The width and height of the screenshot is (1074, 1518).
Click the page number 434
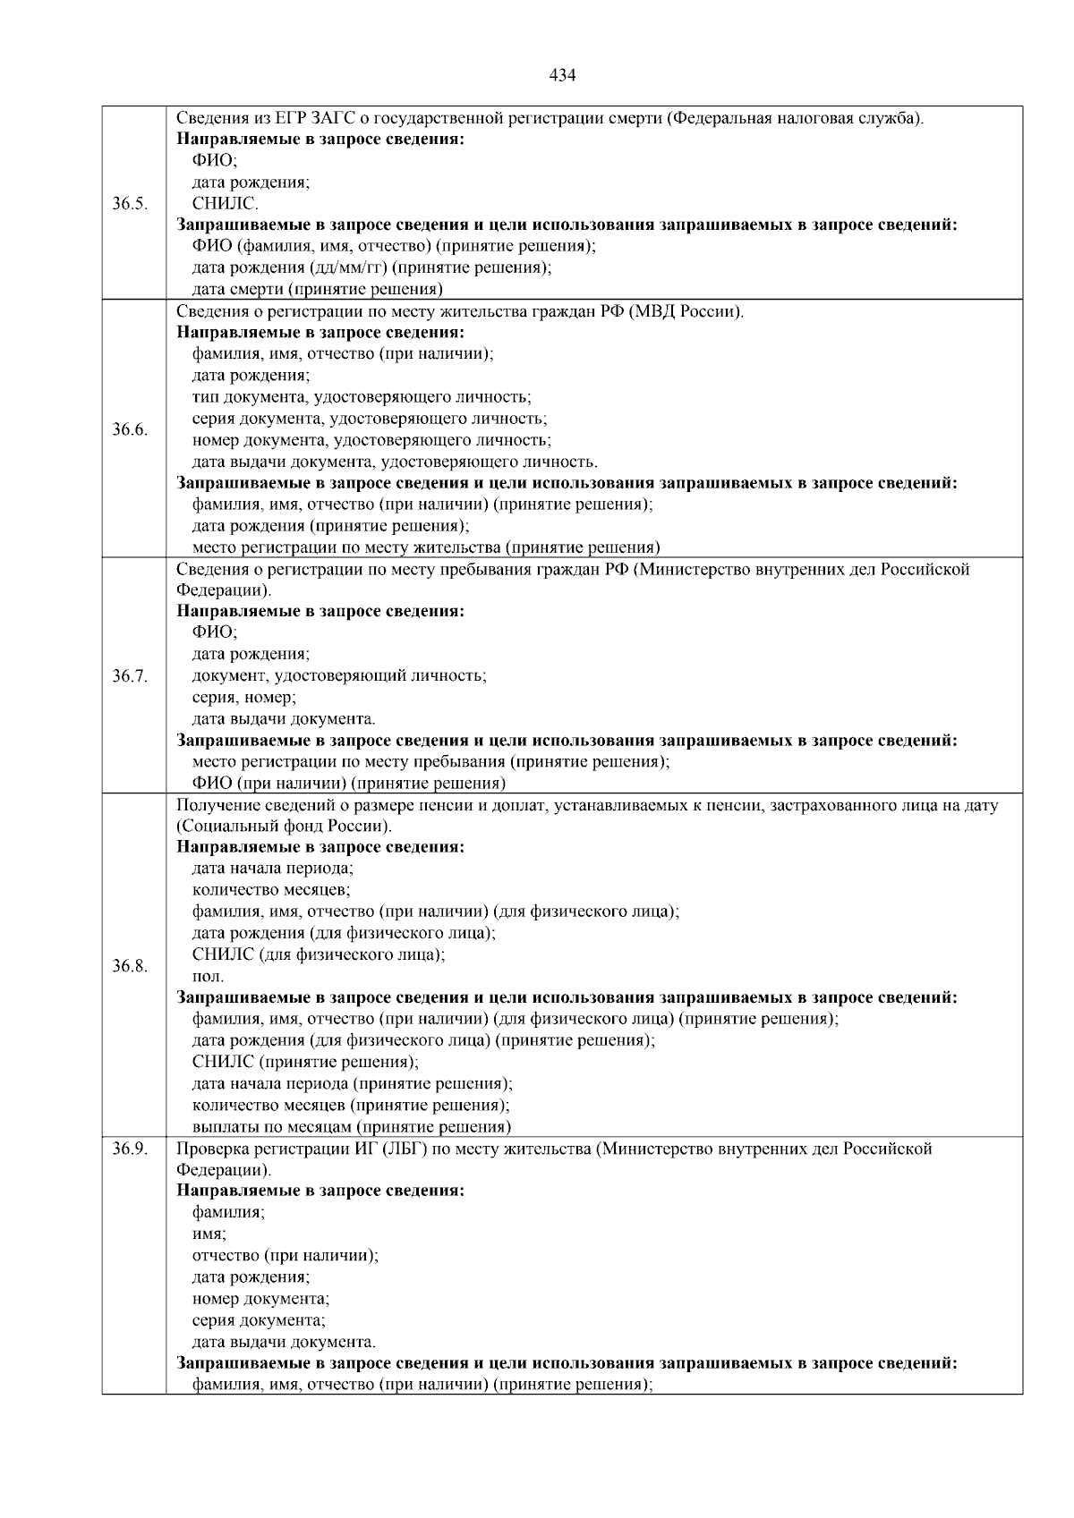[561, 75]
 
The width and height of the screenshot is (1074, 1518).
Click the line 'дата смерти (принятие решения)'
[318, 289]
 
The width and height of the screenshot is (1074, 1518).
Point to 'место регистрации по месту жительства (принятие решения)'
[426, 547]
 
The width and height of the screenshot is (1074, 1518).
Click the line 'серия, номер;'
[244, 697]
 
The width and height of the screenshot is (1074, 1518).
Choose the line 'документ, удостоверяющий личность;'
[339, 675]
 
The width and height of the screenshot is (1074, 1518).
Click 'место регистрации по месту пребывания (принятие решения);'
[431, 762]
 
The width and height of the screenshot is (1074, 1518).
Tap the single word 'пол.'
[209, 976]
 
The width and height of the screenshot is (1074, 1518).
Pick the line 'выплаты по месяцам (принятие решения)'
[352, 1126]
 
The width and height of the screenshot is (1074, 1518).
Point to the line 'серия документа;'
[259, 1319]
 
